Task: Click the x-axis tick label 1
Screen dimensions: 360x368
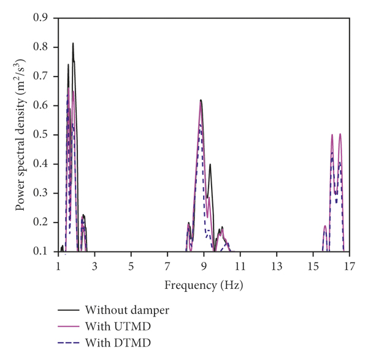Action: point(58,267)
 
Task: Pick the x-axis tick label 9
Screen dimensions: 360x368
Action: point(204,267)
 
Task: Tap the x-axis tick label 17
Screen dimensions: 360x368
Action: point(349,267)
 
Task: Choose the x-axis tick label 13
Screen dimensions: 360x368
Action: point(277,267)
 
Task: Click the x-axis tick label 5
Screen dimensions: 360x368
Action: point(131,267)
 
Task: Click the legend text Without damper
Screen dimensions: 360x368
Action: point(127,309)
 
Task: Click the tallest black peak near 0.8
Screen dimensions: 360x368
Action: point(73,43)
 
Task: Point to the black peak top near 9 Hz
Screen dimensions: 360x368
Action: point(201,99)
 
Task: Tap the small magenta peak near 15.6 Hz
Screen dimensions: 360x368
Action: point(325,226)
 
